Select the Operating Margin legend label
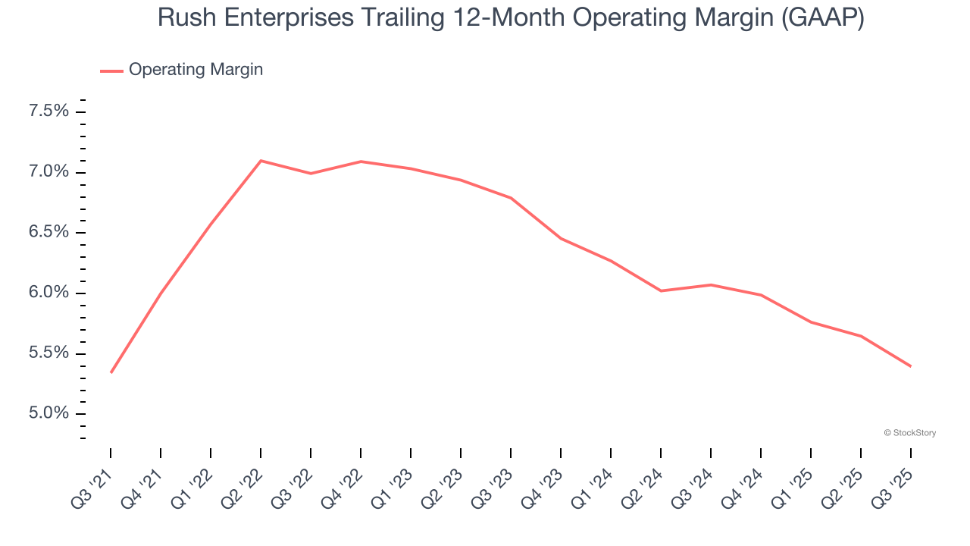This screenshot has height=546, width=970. coord(196,70)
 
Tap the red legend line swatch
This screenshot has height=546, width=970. coord(111,71)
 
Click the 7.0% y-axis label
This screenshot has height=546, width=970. coord(49,172)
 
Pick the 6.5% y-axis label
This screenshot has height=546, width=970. coord(49,233)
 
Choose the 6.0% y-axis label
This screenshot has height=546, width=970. coord(49,293)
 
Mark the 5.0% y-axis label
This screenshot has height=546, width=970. coord(49,414)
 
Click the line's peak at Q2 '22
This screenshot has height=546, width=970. coord(261,161)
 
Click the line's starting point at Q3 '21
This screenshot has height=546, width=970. coord(111,372)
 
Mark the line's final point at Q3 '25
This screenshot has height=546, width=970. coord(910,366)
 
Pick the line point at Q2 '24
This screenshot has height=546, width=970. coord(661,290)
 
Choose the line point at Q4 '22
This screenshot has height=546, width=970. coord(361,162)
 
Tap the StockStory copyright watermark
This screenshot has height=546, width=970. coord(909,433)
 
